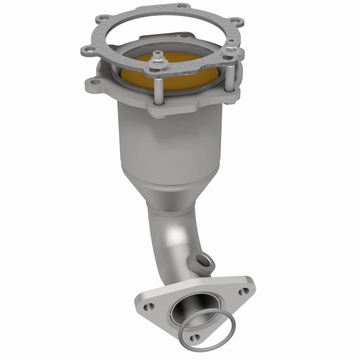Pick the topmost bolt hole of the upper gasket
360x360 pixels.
point(181,6)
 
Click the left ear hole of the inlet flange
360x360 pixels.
point(93,82)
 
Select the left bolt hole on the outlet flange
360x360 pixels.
point(147,307)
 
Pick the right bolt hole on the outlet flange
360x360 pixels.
point(243,291)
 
